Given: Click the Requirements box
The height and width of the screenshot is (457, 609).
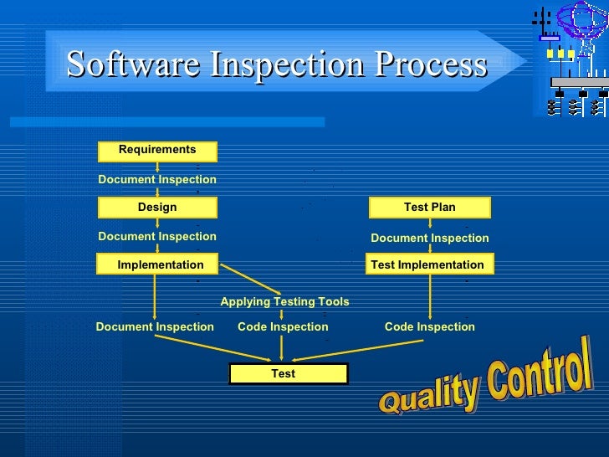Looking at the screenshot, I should point(157,151).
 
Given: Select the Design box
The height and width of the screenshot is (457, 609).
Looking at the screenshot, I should point(157,208).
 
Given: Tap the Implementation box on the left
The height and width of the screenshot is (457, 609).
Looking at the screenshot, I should point(159,264).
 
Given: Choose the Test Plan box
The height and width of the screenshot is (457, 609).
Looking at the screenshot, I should point(429,208).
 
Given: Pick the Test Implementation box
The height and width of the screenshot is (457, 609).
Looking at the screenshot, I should point(429,264).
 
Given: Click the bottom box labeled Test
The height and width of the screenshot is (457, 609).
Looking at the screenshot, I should point(283,373).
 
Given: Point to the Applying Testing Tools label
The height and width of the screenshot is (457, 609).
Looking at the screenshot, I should point(284,301).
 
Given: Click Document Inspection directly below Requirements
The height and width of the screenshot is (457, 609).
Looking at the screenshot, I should point(157,180).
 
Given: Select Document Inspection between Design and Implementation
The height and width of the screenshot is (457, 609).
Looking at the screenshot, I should point(157,237).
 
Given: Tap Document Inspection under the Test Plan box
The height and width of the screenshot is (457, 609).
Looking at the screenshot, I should point(429,239).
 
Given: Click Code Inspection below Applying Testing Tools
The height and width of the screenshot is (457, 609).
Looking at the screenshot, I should point(283,327).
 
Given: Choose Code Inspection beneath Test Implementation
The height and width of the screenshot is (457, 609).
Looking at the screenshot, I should point(429,327).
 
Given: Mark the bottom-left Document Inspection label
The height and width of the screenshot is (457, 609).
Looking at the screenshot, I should point(155,327).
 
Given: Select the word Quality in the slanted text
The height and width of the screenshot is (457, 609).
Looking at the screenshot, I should point(428,393).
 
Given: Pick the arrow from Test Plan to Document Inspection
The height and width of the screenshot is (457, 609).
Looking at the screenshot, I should point(430,223).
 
